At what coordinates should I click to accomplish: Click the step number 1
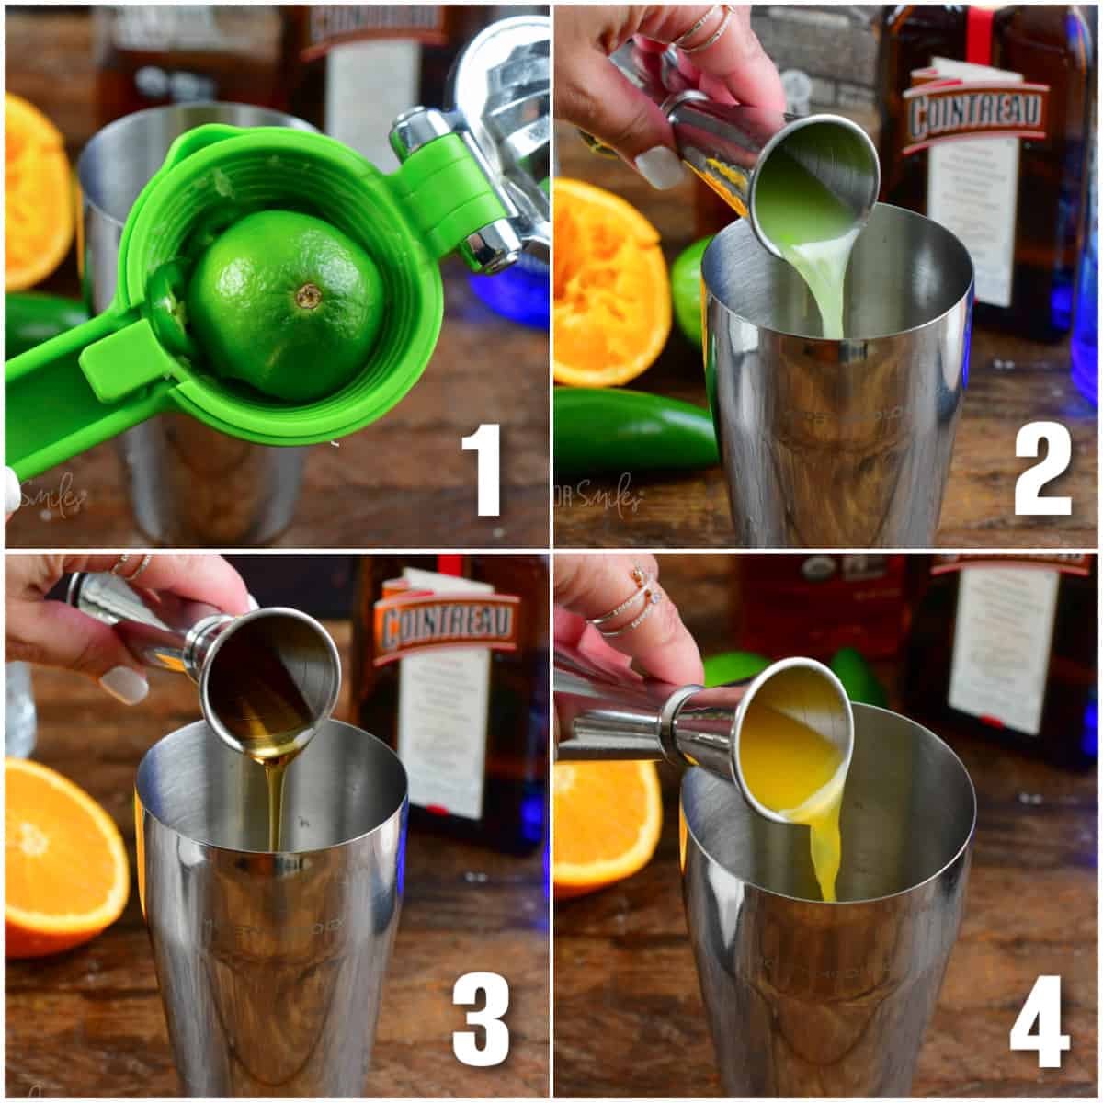coord(481,470)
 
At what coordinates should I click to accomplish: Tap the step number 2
coord(1043,470)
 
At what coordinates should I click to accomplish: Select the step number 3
coord(481,1019)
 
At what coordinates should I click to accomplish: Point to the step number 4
coord(1040,1019)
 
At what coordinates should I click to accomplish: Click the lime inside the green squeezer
coord(285,303)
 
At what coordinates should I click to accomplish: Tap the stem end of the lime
coord(308,295)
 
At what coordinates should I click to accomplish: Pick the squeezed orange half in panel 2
coord(607,285)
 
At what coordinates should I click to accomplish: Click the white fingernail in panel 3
coord(123,684)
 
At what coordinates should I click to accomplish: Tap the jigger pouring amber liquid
coord(267,676)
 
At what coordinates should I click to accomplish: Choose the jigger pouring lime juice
coord(809,184)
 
